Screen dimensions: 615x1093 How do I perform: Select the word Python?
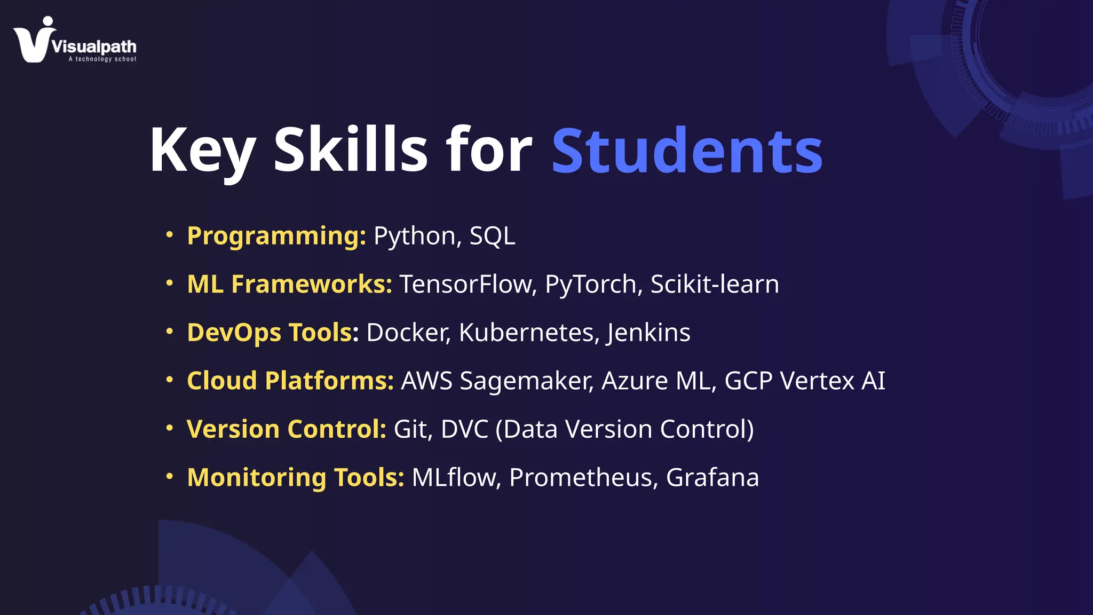tap(414, 236)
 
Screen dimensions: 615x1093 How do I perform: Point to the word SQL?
tap(492, 236)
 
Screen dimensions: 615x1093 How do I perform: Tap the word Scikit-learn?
tap(715, 284)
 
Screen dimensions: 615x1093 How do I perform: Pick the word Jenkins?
tap(648, 333)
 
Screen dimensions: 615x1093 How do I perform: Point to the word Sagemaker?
tap(526, 381)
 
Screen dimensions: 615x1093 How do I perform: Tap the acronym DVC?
tap(464, 429)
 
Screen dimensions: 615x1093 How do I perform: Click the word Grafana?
tap(712, 477)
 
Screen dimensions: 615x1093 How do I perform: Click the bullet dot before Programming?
tap(170, 234)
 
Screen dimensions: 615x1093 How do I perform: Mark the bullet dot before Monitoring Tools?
tap(170, 476)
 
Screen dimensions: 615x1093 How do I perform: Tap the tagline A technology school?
tap(102, 59)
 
